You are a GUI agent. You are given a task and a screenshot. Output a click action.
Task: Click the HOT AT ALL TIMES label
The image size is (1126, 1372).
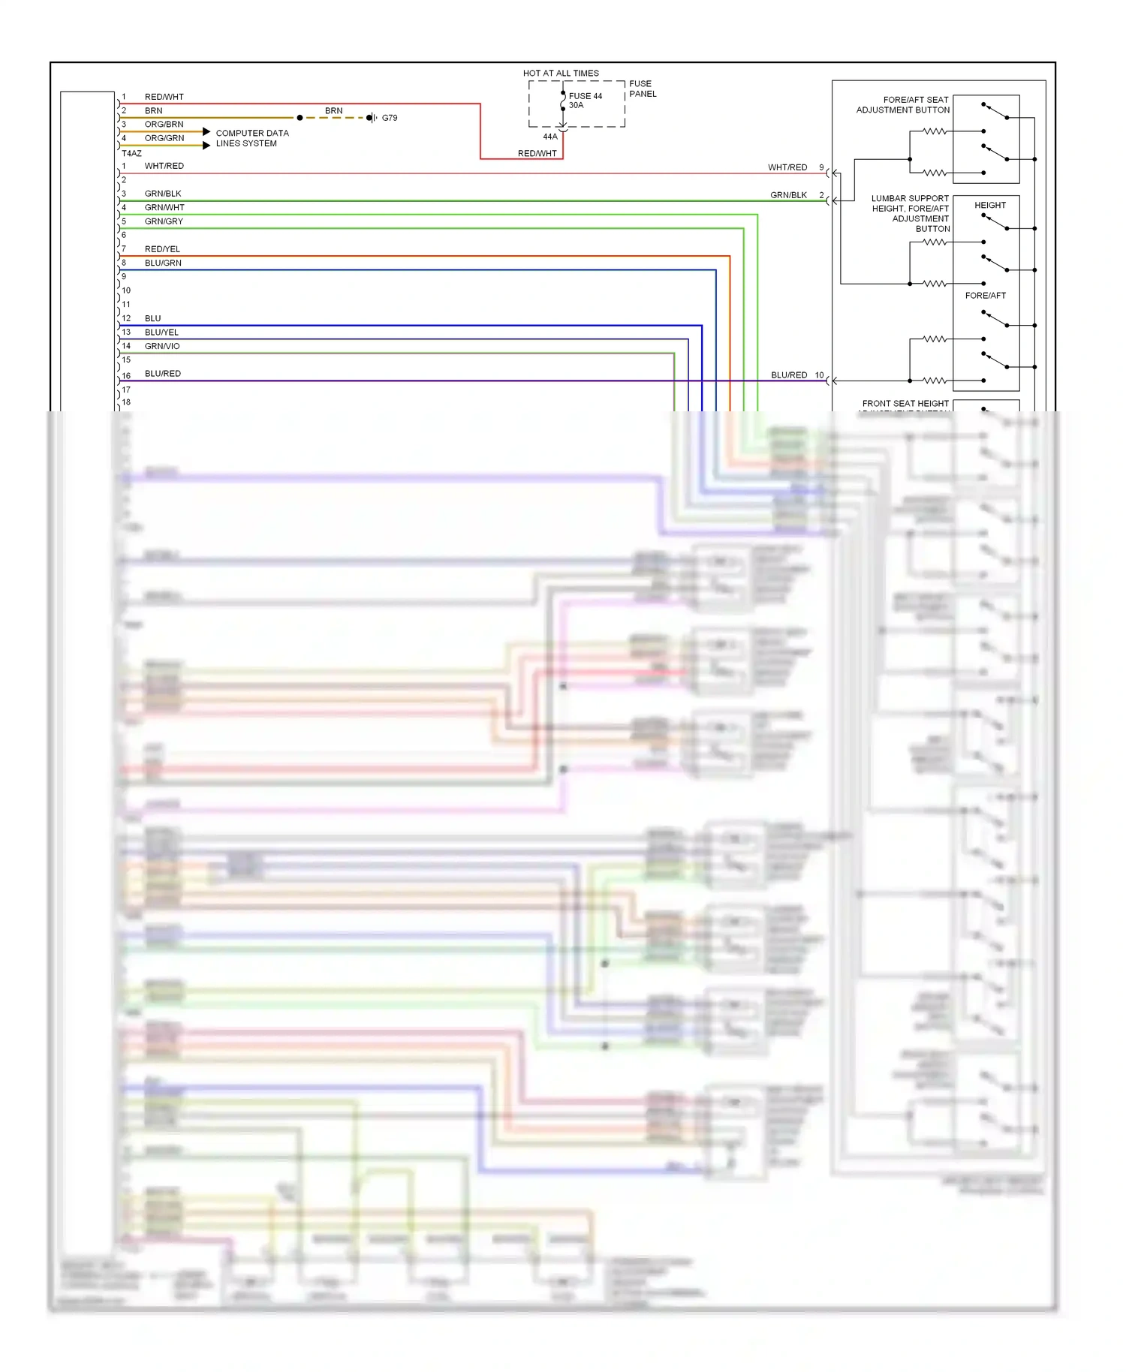(561, 74)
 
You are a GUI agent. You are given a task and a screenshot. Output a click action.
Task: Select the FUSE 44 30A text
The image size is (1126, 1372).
(585, 101)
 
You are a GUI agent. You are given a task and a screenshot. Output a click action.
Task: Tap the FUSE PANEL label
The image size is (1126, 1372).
(642, 89)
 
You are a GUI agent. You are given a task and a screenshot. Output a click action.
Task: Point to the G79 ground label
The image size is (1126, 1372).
(390, 118)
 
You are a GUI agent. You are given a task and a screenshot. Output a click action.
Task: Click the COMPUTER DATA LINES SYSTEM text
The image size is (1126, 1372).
(251, 138)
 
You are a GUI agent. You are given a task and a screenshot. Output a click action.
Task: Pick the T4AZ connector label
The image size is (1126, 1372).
(131, 153)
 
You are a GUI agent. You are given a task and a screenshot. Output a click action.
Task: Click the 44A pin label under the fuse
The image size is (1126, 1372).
(550, 137)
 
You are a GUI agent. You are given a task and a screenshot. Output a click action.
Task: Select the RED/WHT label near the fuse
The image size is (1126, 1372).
(537, 154)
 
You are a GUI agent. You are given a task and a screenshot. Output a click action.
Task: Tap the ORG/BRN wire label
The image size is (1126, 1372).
(164, 125)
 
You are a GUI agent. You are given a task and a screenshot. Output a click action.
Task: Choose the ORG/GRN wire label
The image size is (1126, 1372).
(164, 138)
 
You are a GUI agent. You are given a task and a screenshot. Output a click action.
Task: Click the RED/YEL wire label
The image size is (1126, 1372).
(162, 249)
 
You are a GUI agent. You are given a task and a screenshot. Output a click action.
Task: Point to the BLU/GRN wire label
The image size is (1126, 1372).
(163, 263)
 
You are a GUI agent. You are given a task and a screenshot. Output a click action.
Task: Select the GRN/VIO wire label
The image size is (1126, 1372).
(162, 346)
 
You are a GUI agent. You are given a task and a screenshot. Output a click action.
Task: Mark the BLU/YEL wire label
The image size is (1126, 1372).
(161, 332)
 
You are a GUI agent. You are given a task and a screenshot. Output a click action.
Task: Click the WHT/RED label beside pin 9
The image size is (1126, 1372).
(787, 167)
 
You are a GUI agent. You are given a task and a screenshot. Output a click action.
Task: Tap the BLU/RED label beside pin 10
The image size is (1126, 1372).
(789, 375)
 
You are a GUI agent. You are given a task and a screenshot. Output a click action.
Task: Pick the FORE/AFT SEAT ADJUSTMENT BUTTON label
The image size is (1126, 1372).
(903, 105)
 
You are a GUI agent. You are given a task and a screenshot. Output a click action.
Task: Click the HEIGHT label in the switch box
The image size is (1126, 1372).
(989, 205)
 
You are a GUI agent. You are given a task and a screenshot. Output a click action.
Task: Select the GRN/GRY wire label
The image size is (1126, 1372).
(164, 221)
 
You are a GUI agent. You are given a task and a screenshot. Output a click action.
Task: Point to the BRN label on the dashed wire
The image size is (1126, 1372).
(333, 111)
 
